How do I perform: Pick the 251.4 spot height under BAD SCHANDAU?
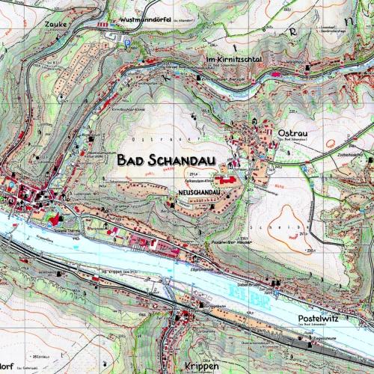pyautogui.click(x=191, y=171)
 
